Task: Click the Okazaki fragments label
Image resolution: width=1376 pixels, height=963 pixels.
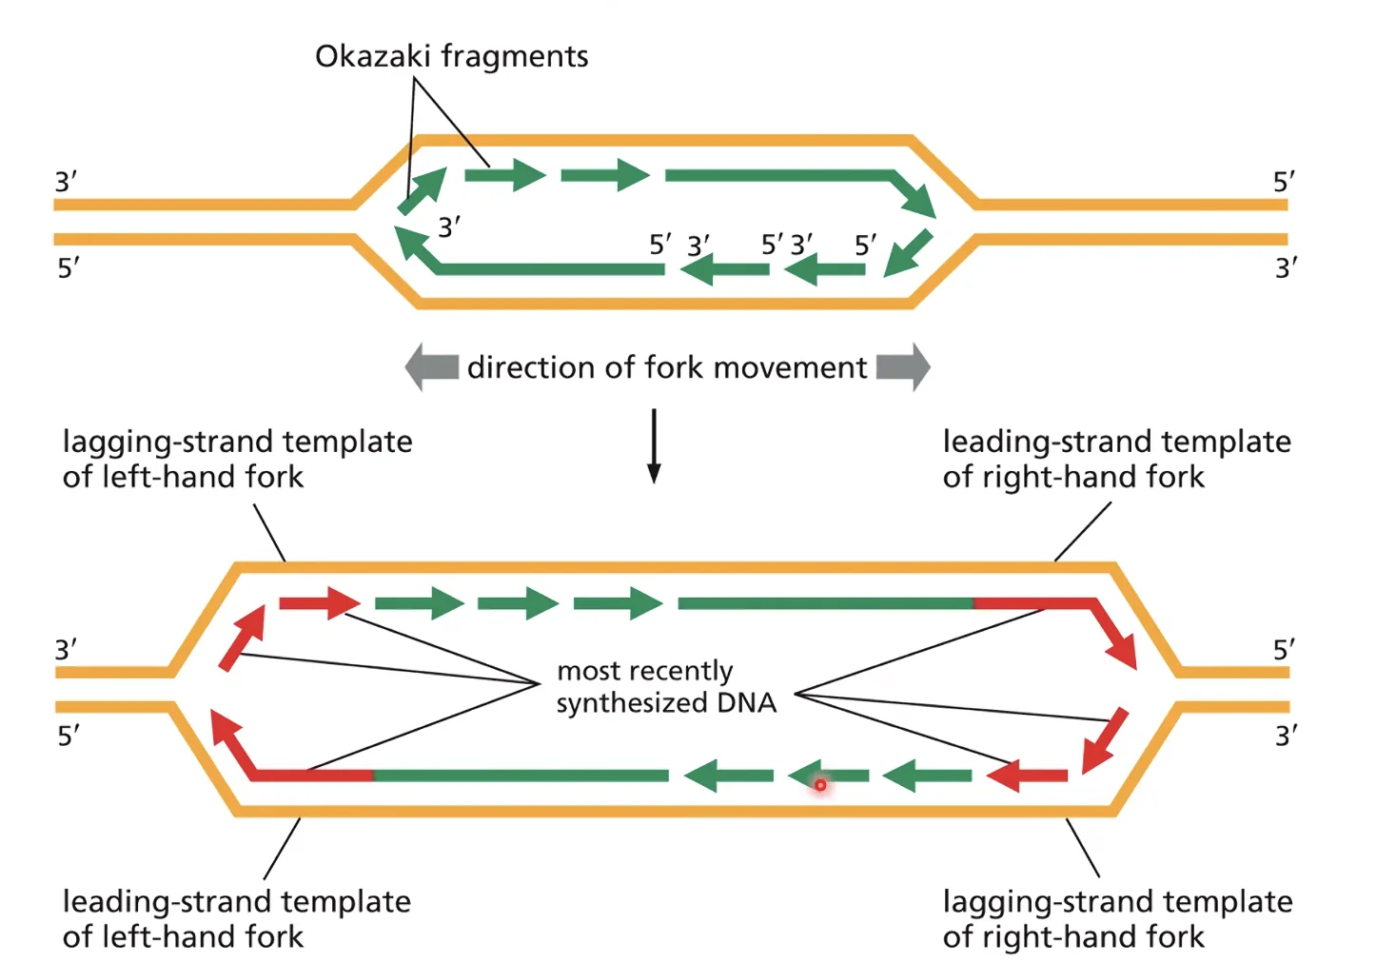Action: tap(451, 56)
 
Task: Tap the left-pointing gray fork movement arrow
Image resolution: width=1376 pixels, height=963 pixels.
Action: tap(432, 367)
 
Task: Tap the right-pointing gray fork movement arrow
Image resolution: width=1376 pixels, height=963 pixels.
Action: tap(904, 367)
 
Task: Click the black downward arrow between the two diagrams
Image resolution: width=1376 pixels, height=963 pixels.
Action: tap(654, 446)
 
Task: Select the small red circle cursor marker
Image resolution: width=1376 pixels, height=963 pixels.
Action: tap(820, 785)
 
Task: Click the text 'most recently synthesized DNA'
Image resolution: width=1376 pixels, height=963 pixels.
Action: tap(666, 687)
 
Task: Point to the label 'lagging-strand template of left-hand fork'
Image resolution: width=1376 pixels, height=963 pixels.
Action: tap(237, 459)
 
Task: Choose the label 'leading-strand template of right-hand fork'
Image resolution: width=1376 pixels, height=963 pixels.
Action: tap(1117, 459)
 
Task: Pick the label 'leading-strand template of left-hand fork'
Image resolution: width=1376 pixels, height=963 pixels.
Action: tap(237, 919)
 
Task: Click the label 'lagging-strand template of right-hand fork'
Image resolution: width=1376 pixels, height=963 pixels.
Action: tap(1117, 919)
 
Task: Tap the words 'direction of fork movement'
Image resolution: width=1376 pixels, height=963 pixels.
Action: tap(667, 368)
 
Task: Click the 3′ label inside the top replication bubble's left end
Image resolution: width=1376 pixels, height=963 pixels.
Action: tap(449, 227)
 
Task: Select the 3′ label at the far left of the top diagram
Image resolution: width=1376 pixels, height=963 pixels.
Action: tap(66, 182)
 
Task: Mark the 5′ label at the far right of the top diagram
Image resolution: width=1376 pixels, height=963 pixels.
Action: tap(1284, 182)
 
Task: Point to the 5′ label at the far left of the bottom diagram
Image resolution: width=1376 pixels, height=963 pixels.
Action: tap(69, 736)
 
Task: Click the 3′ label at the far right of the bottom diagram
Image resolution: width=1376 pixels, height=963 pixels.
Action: tap(1287, 736)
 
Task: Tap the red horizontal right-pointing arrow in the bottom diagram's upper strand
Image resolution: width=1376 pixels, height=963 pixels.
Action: tap(320, 603)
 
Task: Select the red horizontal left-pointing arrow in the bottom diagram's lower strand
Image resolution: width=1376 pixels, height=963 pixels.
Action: tap(1027, 776)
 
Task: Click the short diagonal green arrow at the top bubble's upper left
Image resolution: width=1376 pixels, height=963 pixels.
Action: tap(423, 191)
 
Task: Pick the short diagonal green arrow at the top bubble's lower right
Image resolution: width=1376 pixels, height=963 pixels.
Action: tap(909, 253)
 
